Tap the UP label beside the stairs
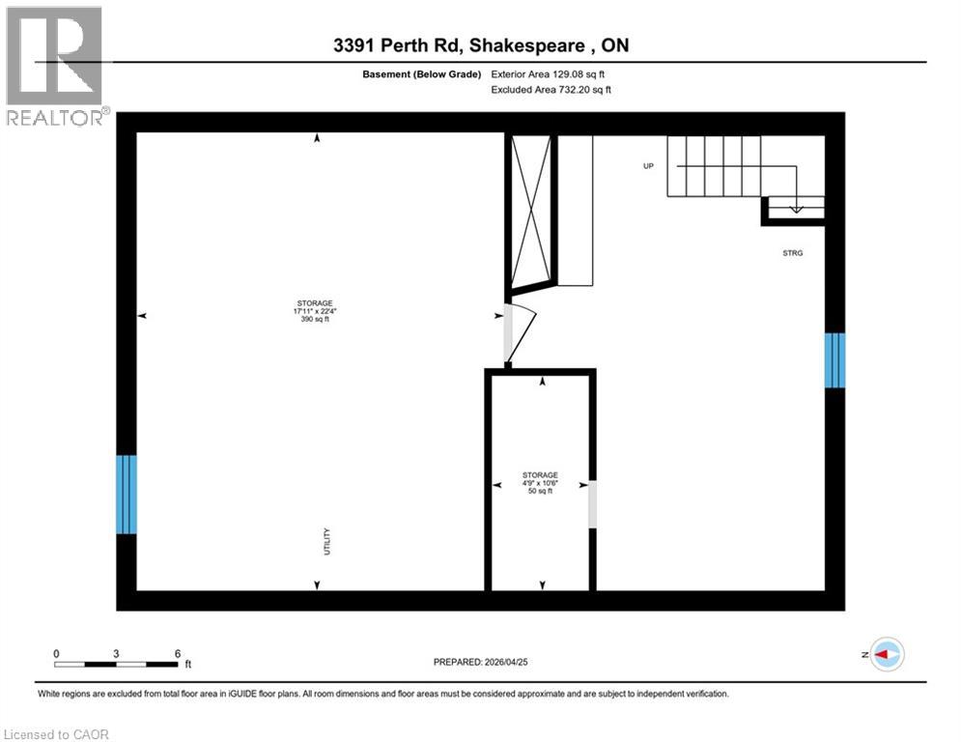(x=649, y=166)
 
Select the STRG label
(x=793, y=253)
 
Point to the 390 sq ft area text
(x=316, y=320)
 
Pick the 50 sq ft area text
(x=539, y=492)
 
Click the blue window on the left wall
(x=127, y=495)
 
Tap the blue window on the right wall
(x=834, y=360)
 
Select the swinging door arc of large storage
(x=519, y=333)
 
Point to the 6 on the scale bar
(x=178, y=653)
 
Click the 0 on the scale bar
(x=56, y=653)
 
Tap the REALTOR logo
(x=55, y=67)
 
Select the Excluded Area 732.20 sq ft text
(x=551, y=90)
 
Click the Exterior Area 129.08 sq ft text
(x=549, y=72)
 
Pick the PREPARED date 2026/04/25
(x=480, y=662)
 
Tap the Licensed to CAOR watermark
(x=57, y=734)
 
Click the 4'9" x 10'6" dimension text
(x=539, y=483)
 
